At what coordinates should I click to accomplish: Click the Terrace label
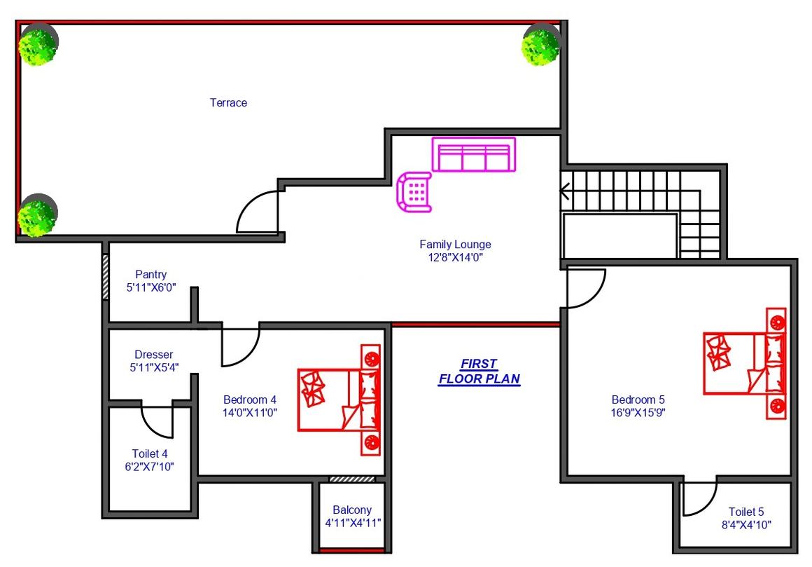pyautogui.click(x=228, y=102)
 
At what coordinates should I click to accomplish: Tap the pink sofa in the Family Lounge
pyautogui.click(x=474, y=154)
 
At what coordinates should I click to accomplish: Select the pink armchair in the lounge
pyautogui.click(x=414, y=192)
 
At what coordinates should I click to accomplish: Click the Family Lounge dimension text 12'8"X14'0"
pyautogui.click(x=456, y=257)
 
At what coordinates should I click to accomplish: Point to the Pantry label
pyautogui.click(x=150, y=274)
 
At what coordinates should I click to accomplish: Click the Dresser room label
pyautogui.click(x=154, y=355)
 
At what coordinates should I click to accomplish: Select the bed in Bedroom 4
pyautogui.click(x=339, y=400)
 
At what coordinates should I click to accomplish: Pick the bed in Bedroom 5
pyautogui.click(x=745, y=363)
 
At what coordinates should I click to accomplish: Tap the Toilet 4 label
pyautogui.click(x=150, y=454)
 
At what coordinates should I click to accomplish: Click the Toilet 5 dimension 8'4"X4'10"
pyautogui.click(x=746, y=524)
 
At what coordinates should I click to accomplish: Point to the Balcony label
pyautogui.click(x=352, y=510)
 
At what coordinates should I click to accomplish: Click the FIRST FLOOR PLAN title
pyautogui.click(x=479, y=371)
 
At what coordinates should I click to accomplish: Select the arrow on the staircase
pyautogui.click(x=564, y=191)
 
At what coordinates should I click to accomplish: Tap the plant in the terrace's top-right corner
pyautogui.click(x=541, y=46)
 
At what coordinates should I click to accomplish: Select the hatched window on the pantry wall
pyautogui.click(x=105, y=276)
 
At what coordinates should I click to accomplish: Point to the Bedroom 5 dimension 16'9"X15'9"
pyautogui.click(x=638, y=413)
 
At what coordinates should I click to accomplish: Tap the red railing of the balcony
pyautogui.click(x=352, y=550)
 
